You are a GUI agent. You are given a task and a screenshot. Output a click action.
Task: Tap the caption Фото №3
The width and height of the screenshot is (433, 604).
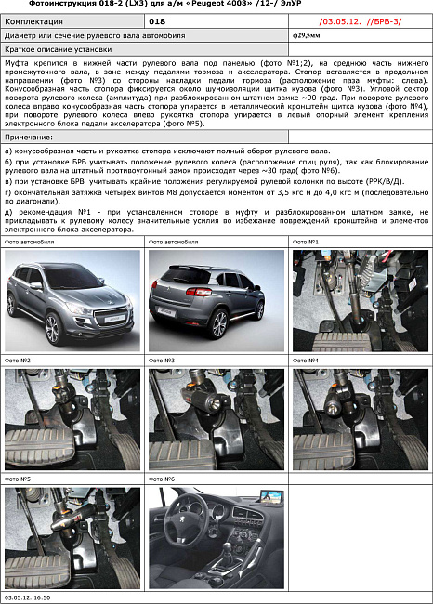click(163, 360)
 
